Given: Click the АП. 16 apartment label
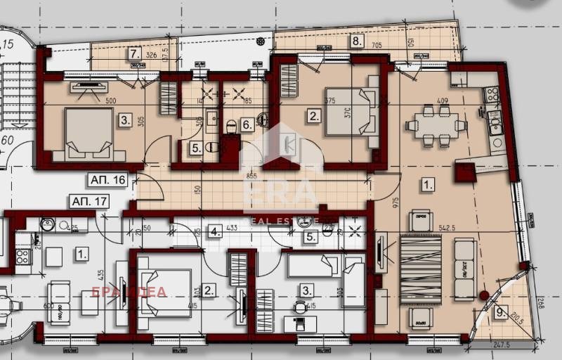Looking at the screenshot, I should tap(107, 180).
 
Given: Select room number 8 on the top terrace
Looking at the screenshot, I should tap(357, 41).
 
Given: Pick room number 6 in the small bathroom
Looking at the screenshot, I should tap(246, 124).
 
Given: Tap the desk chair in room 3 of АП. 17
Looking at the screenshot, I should tap(301, 307).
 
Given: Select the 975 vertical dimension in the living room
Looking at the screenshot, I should tap(396, 204).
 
